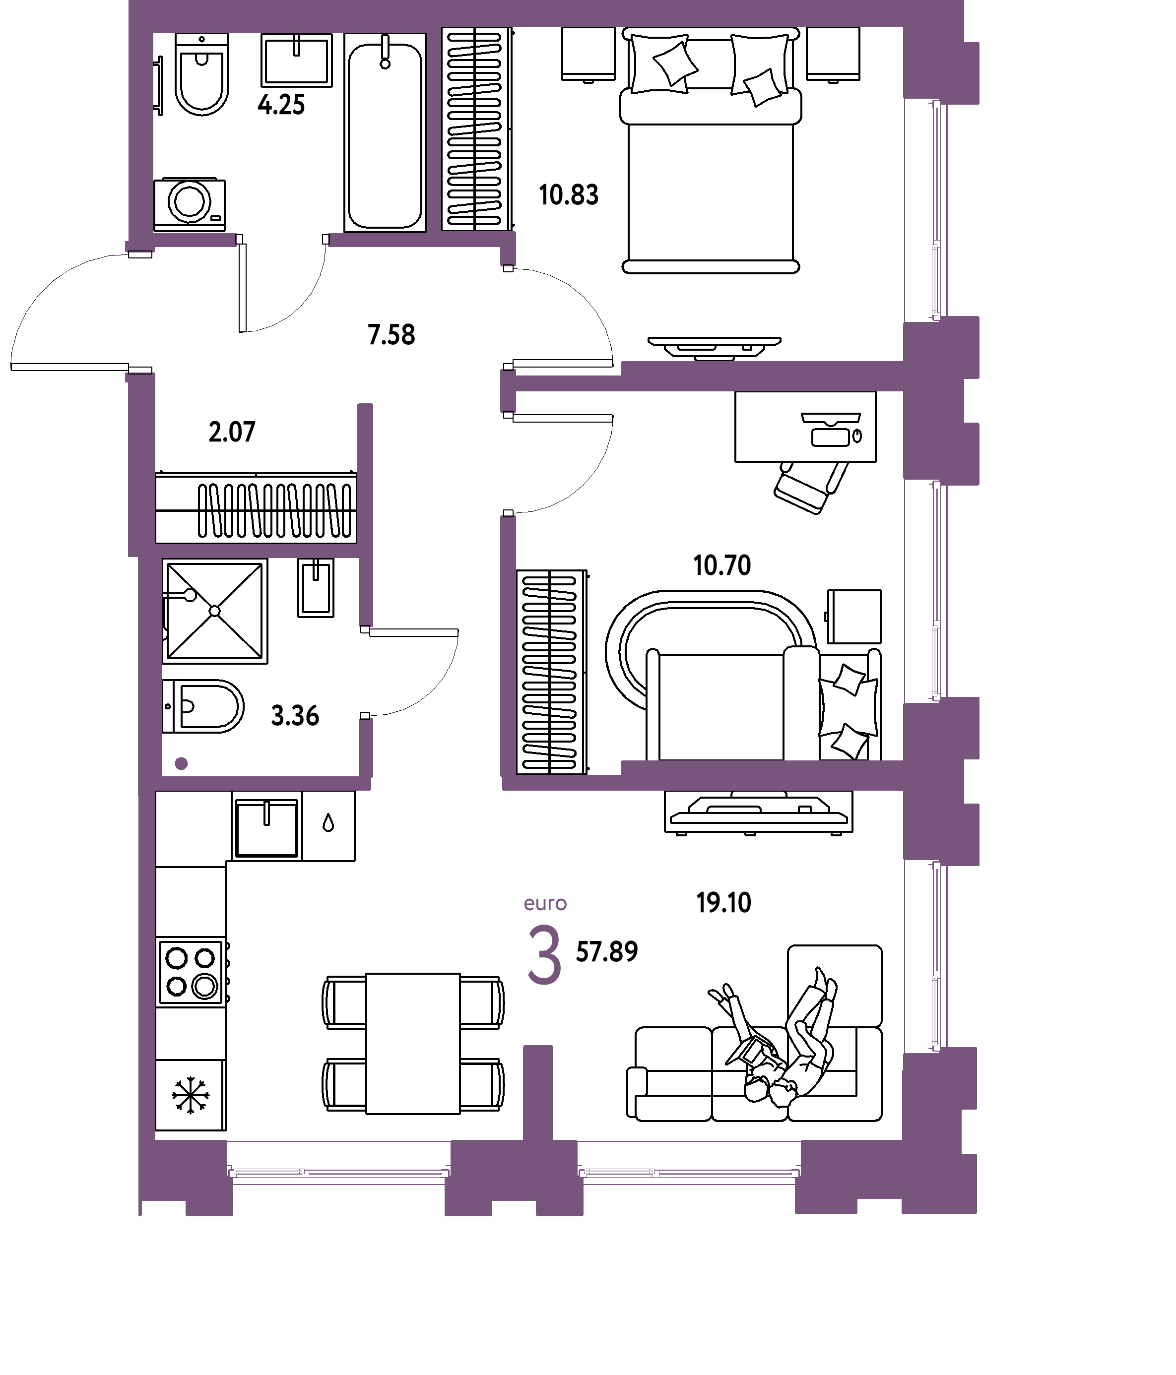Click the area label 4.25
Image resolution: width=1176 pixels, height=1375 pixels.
pyautogui.click(x=281, y=105)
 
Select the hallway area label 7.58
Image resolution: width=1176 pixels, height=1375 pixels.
pyautogui.click(x=392, y=335)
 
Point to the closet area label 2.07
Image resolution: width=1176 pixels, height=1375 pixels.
pyautogui.click(x=232, y=432)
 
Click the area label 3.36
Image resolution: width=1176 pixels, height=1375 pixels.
pyautogui.click(x=295, y=716)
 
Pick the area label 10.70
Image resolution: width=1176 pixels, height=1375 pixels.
pyautogui.click(x=722, y=565)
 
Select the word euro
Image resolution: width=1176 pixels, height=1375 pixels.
pyautogui.click(x=545, y=904)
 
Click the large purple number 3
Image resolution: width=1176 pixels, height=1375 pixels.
pyautogui.click(x=545, y=955)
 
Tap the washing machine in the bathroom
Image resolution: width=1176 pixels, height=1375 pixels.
pyautogui.click(x=190, y=204)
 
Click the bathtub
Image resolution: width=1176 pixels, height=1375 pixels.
pyautogui.click(x=385, y=133)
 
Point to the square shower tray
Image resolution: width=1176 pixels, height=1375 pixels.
pyautogui.click(x=215, y=611)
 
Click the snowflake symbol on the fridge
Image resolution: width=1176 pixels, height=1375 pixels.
pyautogui.click(x=191, y=1096)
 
